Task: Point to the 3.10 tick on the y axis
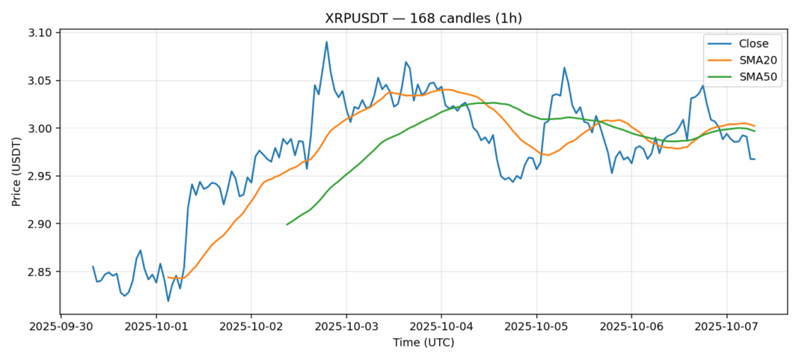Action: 40,33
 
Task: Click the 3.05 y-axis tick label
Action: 40,81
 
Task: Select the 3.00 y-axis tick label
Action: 40,129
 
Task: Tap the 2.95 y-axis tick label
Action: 40,177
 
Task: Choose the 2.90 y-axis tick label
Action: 40,224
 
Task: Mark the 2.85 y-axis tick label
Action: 40,272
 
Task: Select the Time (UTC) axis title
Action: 423,343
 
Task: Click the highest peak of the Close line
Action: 326,42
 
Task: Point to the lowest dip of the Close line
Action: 168,301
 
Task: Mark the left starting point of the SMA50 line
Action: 287,225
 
